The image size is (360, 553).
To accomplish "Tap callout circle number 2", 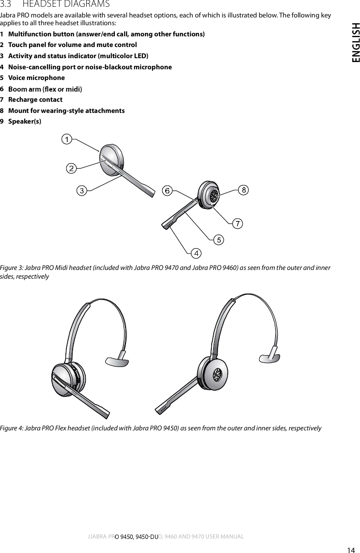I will [x=71, y=168].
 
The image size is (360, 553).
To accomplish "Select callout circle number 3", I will [x=83, y=190].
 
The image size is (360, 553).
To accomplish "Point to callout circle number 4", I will [x=196, y=253].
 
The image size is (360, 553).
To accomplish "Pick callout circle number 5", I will [x=219, y=239].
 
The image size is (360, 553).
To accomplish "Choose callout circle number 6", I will [x=167, y=190].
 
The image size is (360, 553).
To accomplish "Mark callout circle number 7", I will [x=237, y=223].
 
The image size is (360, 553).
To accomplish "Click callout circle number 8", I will [x=244, y=190].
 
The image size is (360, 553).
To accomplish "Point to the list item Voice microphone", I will [x=36, y=78].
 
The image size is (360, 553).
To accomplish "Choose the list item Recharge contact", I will [x=35, y=99].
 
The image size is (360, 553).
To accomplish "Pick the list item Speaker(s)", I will [x=25, y=121].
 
